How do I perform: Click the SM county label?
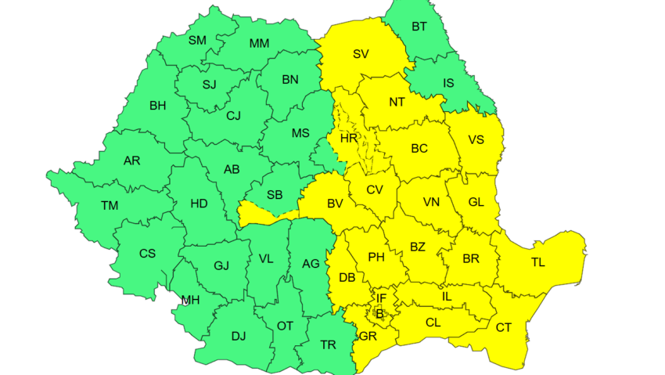point(197,40)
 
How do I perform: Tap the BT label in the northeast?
point(419,27)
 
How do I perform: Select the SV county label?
point(361,54)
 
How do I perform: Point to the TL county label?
point(538,262)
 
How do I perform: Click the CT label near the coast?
point(504,327)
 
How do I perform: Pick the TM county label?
point(110,206)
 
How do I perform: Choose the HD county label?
point(199,204)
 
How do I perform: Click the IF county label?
point(382,297)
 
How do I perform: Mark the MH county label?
point(190,300)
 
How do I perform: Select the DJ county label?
point(239,336)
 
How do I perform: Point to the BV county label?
point(336,204)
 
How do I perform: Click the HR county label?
point(349,138)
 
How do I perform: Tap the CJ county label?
point(233,116)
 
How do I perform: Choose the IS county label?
point(448,82)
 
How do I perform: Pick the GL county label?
point(476,201)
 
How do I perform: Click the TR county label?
point(329,344)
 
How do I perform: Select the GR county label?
point(368,336)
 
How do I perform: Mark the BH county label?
point(158,104)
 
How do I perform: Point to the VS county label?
point(476,141)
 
